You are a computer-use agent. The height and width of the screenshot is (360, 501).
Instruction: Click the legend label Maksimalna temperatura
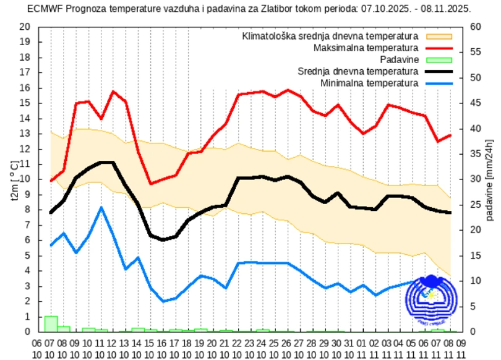(366, 48)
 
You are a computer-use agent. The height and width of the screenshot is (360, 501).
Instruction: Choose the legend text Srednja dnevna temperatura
(358, 71)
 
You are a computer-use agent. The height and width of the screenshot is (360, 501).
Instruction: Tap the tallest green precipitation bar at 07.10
(51, 324)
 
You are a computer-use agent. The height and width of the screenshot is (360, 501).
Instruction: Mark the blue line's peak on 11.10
(101, 207)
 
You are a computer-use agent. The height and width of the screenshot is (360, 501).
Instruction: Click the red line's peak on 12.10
(113, 91)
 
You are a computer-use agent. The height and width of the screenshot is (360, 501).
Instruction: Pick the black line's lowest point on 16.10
(163, 240)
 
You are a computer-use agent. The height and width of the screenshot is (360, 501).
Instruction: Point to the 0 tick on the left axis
(28, 332)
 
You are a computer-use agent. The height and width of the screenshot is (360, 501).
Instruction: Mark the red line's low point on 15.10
(151, 184)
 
